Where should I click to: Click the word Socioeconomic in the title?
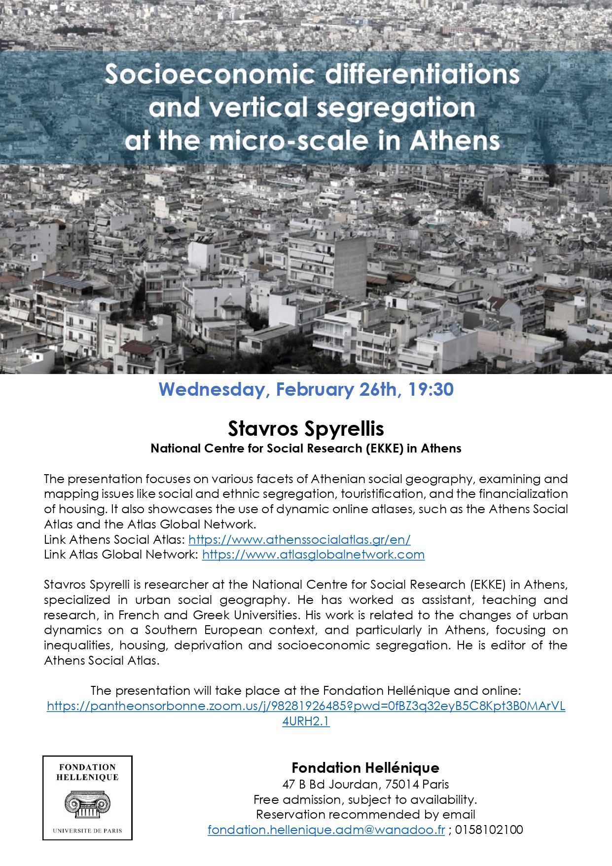click(x=210, y=75)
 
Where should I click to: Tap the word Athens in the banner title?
click(x=455, y=141)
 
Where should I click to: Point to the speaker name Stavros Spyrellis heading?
click(x=306, y=428)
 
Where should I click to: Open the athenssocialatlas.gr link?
click(x=299, y=539)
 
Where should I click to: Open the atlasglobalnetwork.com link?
click(x=313, y=555)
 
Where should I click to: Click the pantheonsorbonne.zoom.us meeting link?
click(x=306, y=706)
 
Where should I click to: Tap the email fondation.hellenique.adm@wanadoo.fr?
click(x=326, y=830)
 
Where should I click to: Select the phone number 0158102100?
click(x=489, y=830)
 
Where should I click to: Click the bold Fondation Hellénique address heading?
click(x=365, y=768)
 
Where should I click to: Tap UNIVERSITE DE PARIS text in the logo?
click(x=87, y=831)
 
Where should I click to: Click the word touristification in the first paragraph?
click(x=383, y=494)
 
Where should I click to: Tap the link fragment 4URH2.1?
click(x=306, y=721)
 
